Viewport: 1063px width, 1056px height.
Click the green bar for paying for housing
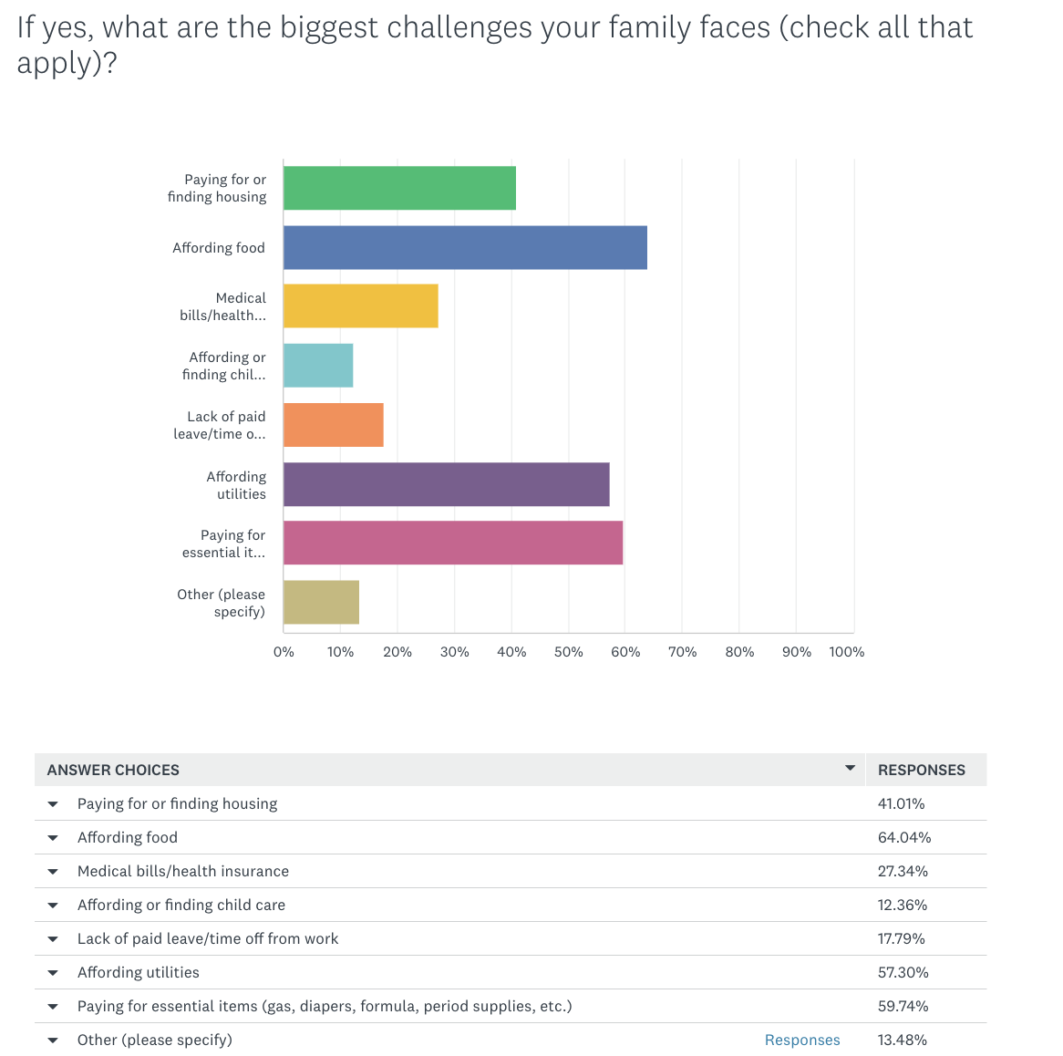click(x=399, y=188)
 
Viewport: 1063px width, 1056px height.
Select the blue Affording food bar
click(x=465, y=247)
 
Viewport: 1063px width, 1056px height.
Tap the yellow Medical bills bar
click(x=360, y=306)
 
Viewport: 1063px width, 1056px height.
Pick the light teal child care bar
click(x=318, y=366)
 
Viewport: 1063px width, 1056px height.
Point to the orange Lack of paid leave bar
click(x=333, y=425)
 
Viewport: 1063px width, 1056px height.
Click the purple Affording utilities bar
click(x=446, y=484)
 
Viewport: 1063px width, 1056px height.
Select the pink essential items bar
click(x=453, y=544)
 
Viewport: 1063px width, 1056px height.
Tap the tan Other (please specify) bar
click(x=321, y=603)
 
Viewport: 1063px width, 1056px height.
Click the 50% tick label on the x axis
click(x=569, y=652)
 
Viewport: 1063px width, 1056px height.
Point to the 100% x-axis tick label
click(x=847, y=652)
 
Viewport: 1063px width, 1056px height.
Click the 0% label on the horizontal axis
click(x=284, y=652)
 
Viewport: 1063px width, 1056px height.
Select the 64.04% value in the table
click(x=904, y=837)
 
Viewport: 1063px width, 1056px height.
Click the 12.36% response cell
click(x=903, y=905)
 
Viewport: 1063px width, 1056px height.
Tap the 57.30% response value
click(x=903, y=972)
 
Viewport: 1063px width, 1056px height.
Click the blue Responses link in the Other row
click(x=802, y=1040)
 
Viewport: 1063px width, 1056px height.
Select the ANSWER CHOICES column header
click(x=113, y=770)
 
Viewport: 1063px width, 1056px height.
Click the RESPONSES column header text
click(x=921, y=770)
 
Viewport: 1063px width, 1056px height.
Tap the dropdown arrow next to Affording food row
click(x=53, y=838)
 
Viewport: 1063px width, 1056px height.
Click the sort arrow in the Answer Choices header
click(x=850, y=769)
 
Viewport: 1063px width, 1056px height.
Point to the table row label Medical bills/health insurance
click(x=183, y=871)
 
